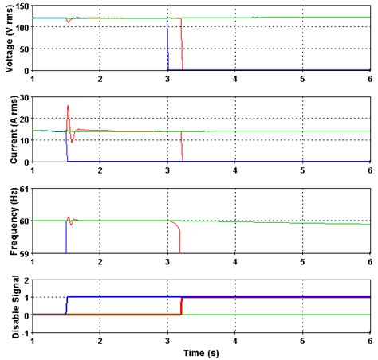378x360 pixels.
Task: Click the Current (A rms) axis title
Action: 9,129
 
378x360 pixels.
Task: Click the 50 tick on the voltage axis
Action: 22,49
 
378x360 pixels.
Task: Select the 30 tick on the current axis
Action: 22,97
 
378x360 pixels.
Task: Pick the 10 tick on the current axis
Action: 22,141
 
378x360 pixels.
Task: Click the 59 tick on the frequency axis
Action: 22,252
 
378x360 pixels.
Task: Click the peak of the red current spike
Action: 68,105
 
